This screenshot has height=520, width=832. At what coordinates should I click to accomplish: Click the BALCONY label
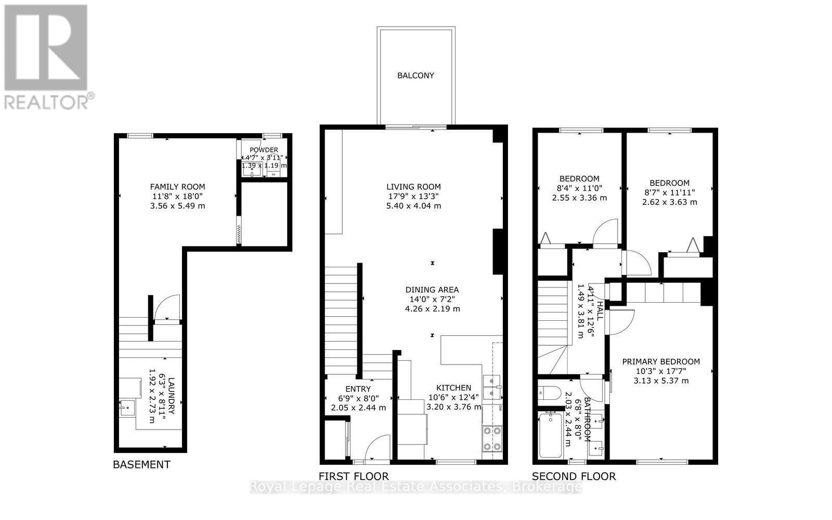point(415,75)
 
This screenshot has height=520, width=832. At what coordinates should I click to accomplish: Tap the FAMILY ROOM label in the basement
point(177,187)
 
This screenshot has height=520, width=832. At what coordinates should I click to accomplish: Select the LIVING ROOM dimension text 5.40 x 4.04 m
point(413,206)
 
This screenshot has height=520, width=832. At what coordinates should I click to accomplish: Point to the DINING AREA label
point(432,290)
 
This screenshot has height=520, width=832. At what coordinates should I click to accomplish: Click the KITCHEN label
point(453,388)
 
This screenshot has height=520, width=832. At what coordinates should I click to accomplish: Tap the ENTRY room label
point(358,389)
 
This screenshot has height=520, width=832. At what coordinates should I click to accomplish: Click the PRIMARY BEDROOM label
point(660,362)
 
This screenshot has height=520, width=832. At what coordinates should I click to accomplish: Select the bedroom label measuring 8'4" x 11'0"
point(579,178)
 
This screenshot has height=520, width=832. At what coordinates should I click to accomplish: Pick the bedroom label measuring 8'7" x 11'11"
point(669,183)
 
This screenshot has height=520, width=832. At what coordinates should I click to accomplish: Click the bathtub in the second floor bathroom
point(550,435)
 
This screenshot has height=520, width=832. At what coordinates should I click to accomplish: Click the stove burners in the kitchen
point(492,438)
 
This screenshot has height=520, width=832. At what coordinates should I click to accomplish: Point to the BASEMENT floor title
point(141,465)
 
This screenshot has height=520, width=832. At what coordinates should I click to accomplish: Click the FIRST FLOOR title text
point(354,476)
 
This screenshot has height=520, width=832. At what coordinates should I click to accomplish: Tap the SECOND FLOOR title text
point(574,476)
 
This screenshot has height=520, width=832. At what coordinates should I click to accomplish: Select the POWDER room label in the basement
point(264,150)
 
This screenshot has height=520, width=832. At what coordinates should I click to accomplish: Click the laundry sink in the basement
point(126,408)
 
